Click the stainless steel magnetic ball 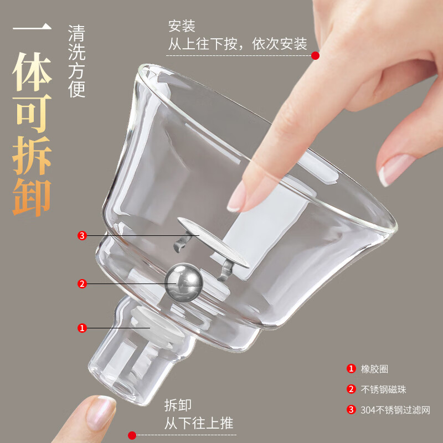pos(184,284)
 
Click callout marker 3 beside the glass pos(82,236)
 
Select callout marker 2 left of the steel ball pos(82,284)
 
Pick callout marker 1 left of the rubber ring pos(82,328)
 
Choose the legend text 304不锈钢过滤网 pos(396,410)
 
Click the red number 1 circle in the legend pos(351,369)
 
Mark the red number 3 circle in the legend pos(351,410)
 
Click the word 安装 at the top pos(182,26)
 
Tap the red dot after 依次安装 pos(315,55)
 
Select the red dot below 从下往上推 pos(132,435)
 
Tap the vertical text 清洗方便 pos(76,61)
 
